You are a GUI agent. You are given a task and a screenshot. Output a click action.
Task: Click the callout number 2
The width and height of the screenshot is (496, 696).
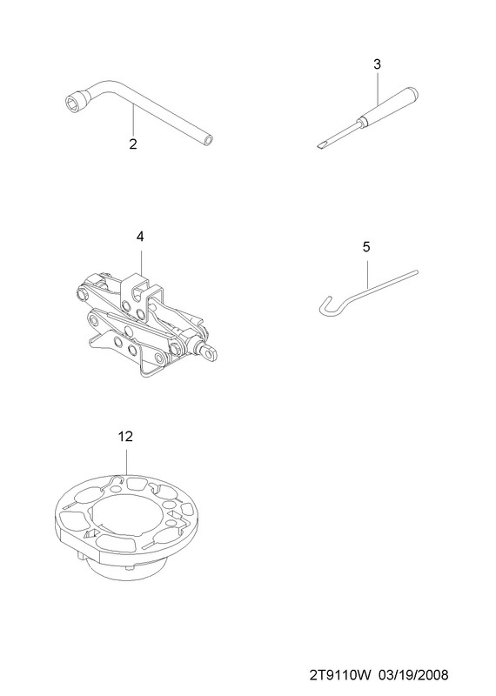pos(133,144)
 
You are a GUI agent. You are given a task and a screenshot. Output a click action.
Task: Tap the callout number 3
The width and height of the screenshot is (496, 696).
pos(377,64)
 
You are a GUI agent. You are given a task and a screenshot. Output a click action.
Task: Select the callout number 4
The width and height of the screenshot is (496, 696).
pos(140,237)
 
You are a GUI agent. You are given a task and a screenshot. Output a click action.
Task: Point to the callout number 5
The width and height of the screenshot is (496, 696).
pos(365,247)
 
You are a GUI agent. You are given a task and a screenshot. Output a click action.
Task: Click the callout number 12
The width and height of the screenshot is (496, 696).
pos(125,437)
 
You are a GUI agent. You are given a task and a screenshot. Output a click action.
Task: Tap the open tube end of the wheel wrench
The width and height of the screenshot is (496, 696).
pos(208,141)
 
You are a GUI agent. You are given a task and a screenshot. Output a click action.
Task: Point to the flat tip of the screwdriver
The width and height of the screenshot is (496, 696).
pos(320,145)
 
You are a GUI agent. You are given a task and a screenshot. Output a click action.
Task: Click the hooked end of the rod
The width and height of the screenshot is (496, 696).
pos(325,307)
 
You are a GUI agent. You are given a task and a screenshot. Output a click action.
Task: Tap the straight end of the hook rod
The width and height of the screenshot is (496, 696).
pos(416,271)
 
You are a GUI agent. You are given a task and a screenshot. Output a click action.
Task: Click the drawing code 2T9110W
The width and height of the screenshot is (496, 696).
pos(340,675)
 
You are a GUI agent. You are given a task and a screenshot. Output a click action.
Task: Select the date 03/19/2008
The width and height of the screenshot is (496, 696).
pos(413,675)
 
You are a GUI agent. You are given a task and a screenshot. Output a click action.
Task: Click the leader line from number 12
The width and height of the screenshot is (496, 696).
pos(126,463)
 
